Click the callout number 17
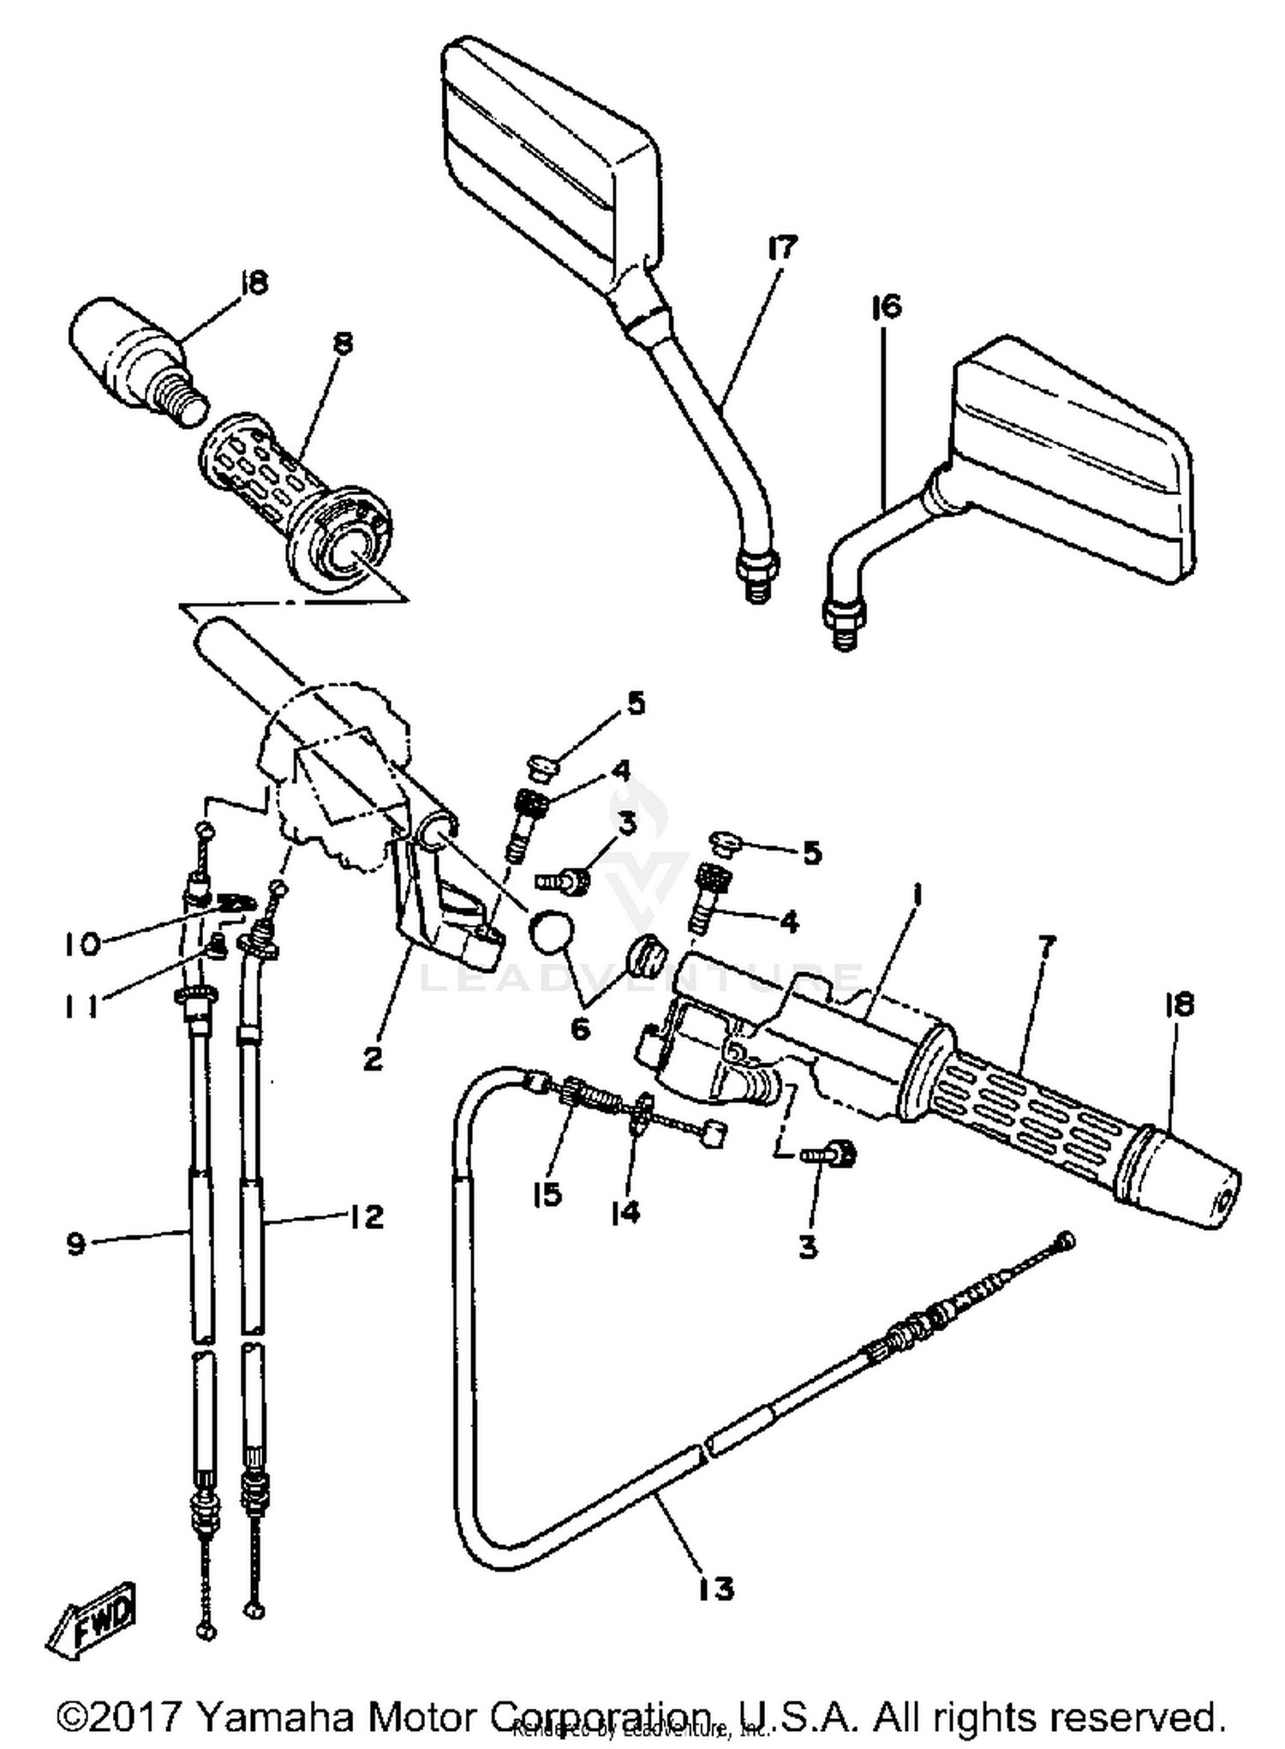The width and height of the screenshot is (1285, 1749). click(781, 249)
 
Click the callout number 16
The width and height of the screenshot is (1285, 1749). click(888, 307)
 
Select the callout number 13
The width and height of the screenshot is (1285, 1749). click(715, 1589)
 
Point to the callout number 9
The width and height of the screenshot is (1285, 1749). click(76, 1244)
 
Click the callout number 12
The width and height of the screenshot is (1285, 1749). click(366, 1217)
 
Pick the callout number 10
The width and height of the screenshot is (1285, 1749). click(81, 944)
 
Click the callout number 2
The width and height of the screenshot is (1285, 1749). click(372, 1059)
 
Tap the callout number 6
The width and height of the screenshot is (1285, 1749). click(580, 1029)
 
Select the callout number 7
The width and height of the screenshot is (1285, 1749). click(1047, 946)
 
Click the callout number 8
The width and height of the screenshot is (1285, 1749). click(342, 343)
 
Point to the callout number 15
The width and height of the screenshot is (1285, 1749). click(547, 1193)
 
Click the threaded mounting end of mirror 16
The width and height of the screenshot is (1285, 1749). click(844, 624)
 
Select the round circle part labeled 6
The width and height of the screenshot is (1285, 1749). click(549, 930)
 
